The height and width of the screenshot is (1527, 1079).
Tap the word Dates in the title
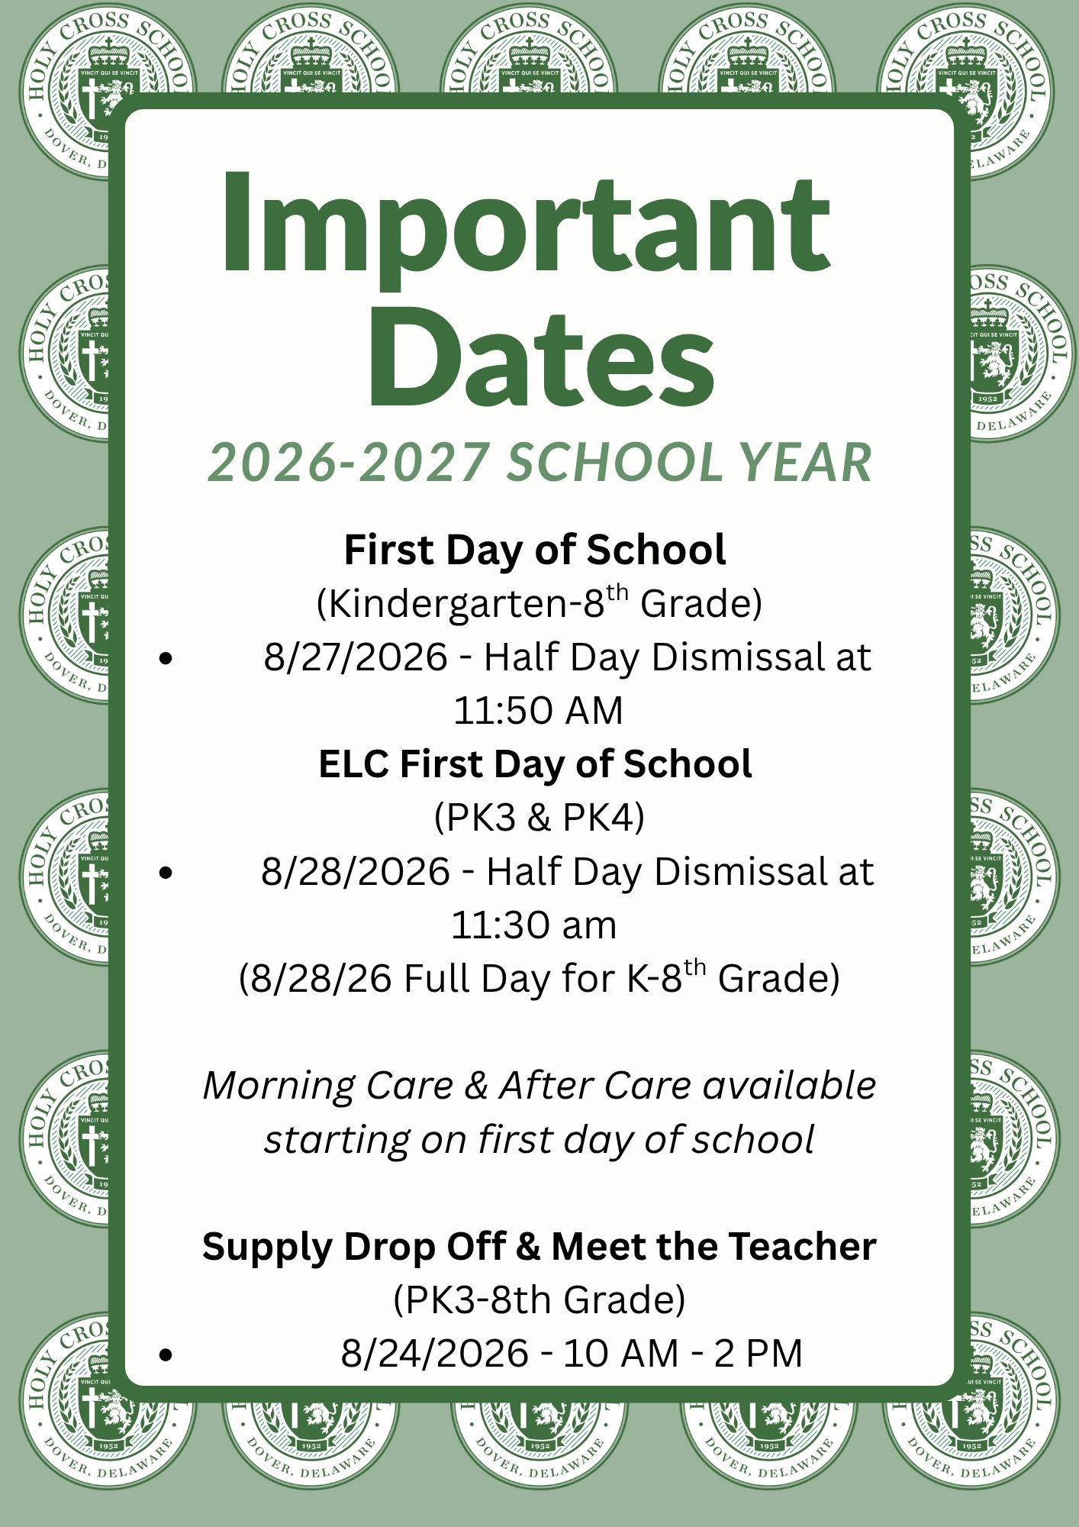[x=541, y=357]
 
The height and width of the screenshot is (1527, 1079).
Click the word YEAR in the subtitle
[x=808, y=462]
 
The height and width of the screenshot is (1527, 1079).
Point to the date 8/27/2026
[x=356, y=657]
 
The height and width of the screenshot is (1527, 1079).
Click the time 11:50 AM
[x=539, y=710]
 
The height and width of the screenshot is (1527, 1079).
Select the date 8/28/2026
[x=356, y=871]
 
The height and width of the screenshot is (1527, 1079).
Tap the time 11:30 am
[x=534, y=925]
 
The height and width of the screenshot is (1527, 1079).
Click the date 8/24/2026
[x=435, y=1354]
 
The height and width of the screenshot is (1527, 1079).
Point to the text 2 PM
[x=759, y=1354]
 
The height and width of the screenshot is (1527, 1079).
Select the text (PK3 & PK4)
[x=539, y=818]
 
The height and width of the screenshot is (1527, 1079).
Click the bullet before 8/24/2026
[x=166, y=1355]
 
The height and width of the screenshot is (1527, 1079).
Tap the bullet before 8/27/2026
[x=166, y=659]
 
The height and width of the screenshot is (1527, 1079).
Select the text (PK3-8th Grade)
[x=539, y=1300]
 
